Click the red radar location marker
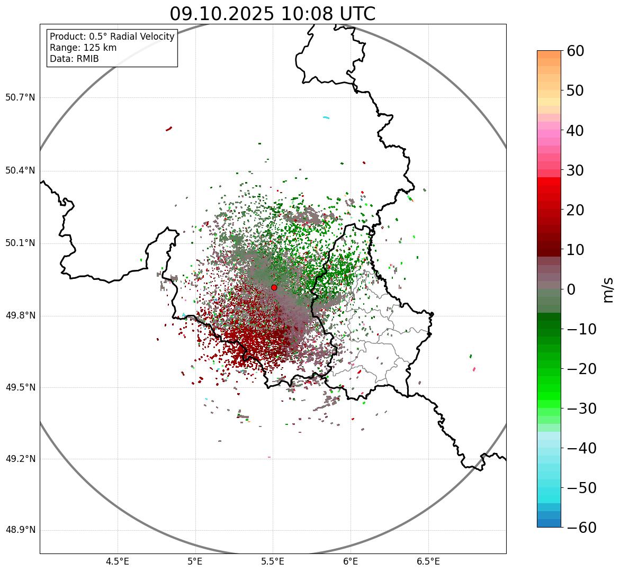click(274, 287)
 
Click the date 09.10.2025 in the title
click(222, 14)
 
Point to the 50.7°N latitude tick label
click(20, 97)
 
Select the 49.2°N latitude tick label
click(20, 459)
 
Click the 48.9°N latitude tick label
click(20, 530)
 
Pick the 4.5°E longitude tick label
click(118, 561)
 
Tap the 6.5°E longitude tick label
click(428, 561)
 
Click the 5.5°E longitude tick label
click(273, 561)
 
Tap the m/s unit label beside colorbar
click(608, 289)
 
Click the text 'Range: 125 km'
click(83, 48)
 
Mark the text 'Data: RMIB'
click(74, 59)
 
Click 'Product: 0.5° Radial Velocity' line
click(112, 37)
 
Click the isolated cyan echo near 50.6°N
click(326, 117)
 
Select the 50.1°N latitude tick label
click(20, 243)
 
